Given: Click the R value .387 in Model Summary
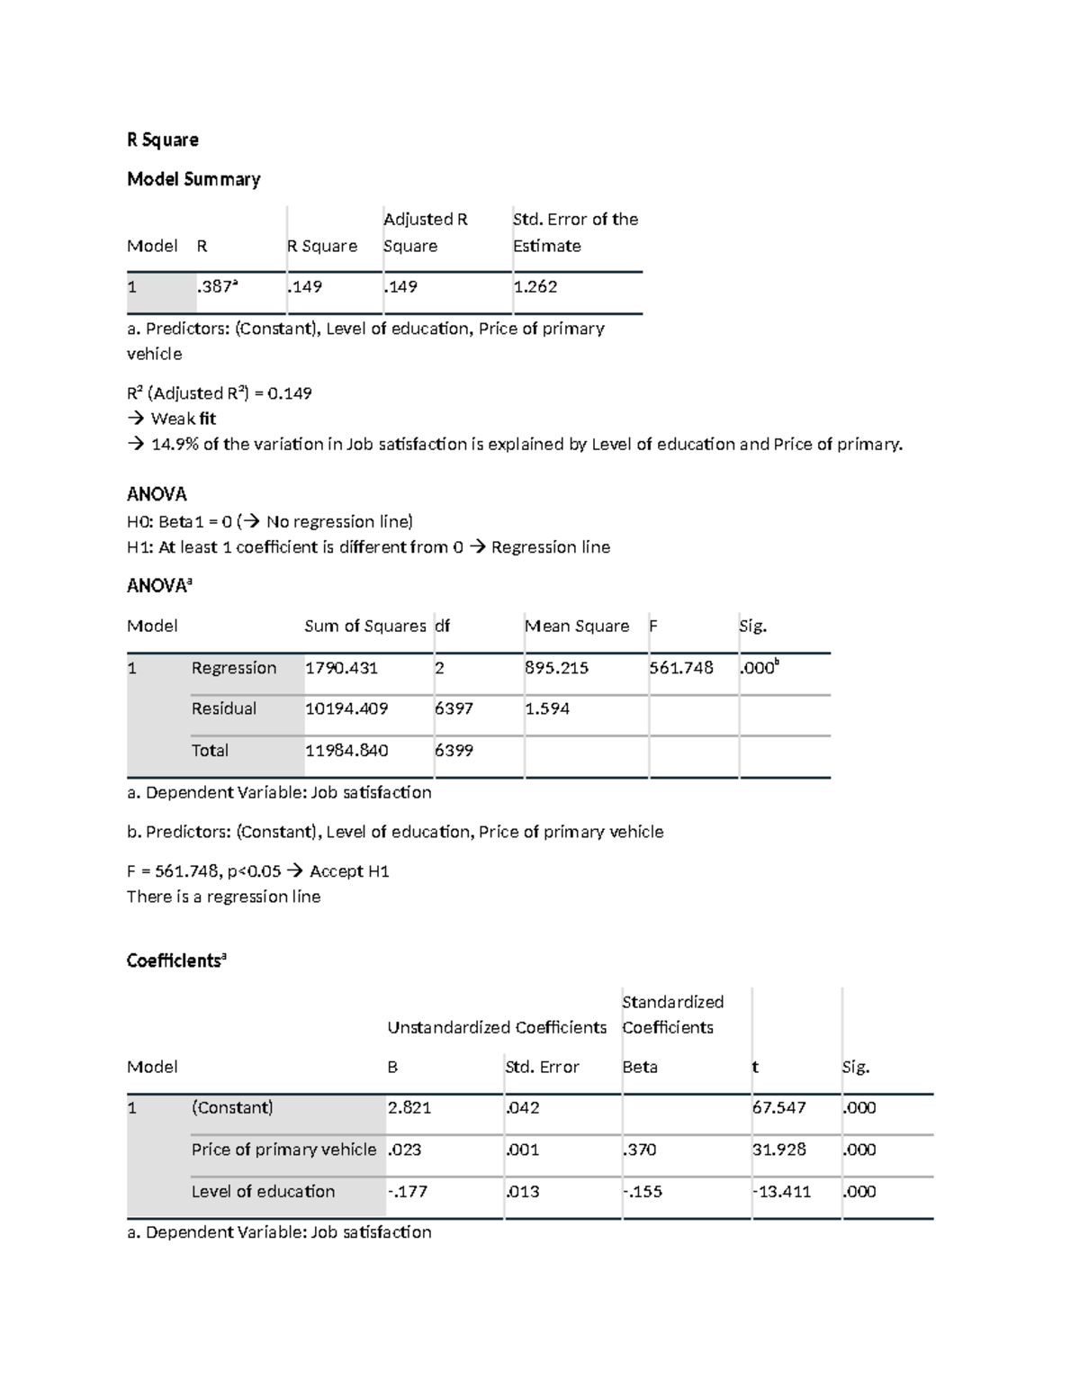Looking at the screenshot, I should click(x=217, y=287).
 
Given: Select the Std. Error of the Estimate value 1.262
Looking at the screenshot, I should click(x=535, y=287).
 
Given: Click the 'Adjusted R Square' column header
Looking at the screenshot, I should click(x=425, y=232).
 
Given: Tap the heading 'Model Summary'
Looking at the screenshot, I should click(x=193, y=179).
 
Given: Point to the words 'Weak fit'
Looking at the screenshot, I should click(x=183, y=419).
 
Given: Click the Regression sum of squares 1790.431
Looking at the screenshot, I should click(x=341, y=668).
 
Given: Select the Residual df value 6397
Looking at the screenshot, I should click(x=454, y=708).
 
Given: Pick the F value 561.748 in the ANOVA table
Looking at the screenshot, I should click(x=680, y=668).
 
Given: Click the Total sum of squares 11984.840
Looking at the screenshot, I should click(x=346, y=751).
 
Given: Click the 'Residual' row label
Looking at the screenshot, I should click(x=223, y=708).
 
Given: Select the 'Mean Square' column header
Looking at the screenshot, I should click(x=577, y=626).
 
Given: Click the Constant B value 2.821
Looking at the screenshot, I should click(x=409, y=1108).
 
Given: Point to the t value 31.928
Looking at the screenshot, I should click(x=778, y=1150).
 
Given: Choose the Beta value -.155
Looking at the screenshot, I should click(x=643, y=1192).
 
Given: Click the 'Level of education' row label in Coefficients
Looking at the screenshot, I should click(x=263, y=1192).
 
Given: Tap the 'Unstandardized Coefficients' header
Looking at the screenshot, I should click(x=497, y=1027).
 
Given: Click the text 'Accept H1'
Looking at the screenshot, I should click(x=349, y=871).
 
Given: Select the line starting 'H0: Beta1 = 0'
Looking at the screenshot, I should click(x=269, y=522).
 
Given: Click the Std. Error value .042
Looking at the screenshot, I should click(x=522, y=1108).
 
